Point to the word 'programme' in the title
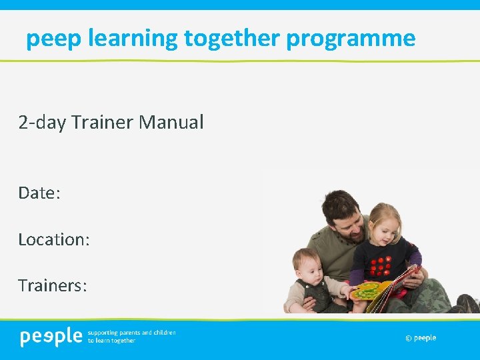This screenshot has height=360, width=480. click(x=351, y=39)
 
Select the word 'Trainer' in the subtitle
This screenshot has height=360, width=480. click(x=102, y=122)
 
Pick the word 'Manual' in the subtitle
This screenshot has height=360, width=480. click(x=171, y=122)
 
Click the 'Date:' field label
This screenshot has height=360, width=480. click(x=39, y=193)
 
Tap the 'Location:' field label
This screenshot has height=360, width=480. click(x=53, y=239)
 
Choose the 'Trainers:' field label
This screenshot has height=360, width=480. click(x=53, y=285)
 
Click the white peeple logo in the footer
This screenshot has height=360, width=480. click(x=51, y=337)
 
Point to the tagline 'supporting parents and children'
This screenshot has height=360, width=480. click(x=131, y=332)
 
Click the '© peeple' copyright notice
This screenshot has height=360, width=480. click(x=420, y=338)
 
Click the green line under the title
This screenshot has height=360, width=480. click(x=240, y=61)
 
